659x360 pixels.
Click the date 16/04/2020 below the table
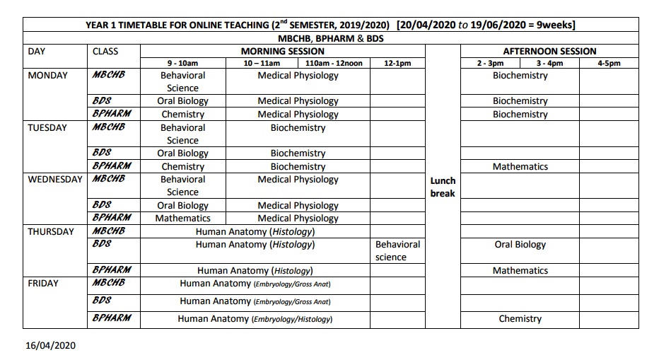[x=49, y=346]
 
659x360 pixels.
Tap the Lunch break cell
[x=443, y=187]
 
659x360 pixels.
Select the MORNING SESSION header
[x=283, y=51]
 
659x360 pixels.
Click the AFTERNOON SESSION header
[x=549, y=51]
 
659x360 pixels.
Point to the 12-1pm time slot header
[x=397, y=63]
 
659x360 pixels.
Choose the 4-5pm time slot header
[x=608, y=63]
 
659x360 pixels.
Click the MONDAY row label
[x=47, y=76]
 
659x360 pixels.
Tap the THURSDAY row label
[x=51, y=231]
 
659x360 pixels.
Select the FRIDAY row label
[x=43, y=283]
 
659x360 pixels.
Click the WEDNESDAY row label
[x=55, y=179]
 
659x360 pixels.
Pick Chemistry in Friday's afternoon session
[x=520, y=319]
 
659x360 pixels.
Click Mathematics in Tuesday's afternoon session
[x=520, y=167]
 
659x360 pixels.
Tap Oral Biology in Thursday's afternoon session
[x=520, y=245]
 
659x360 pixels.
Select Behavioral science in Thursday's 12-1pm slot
[x=397, y=250]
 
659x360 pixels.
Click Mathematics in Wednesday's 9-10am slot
[x=182, y=219]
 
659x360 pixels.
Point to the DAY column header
[x=36, y=51]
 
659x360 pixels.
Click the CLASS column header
[x=105, y=51]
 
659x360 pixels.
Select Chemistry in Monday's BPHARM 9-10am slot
[x=182, y=115]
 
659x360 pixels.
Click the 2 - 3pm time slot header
[x=490, y=63]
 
